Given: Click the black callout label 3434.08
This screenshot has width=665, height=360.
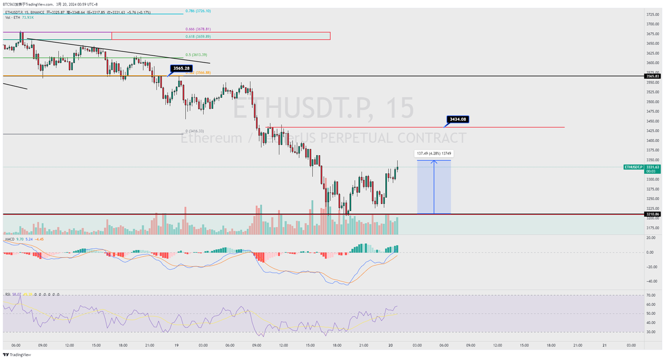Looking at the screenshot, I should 458,119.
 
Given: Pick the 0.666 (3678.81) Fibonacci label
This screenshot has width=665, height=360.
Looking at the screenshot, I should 198,29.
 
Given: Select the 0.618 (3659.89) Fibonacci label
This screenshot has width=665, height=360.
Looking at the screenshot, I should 198,37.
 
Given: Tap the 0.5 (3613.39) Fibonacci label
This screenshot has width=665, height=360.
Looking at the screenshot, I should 196,55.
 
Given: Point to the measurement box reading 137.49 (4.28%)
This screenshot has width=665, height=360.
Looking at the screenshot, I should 434,154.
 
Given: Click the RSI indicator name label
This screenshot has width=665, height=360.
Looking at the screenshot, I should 8,294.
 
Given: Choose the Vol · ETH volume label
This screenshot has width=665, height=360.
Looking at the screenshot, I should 12,18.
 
